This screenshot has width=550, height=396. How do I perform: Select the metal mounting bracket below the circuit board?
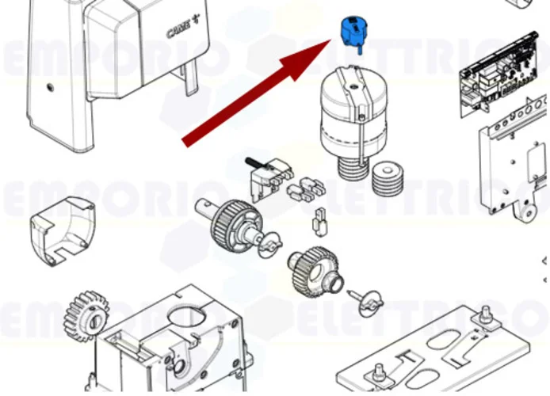click(x=511, y=158)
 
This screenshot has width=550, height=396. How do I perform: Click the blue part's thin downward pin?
click(x=358, y=49)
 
